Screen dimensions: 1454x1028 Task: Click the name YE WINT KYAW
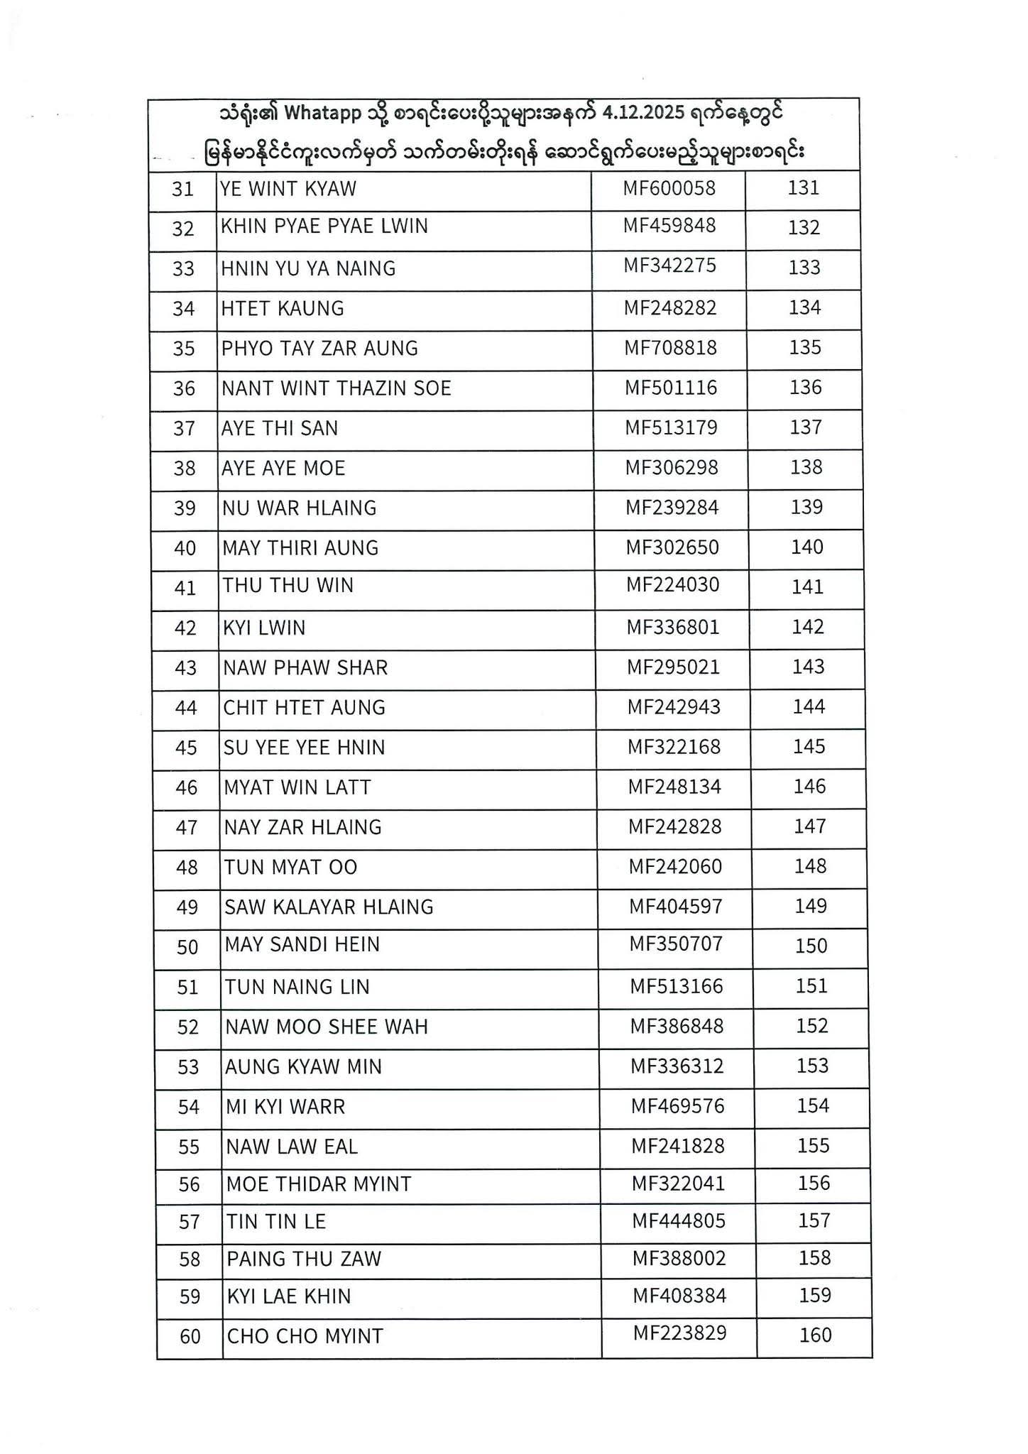click(288, 189)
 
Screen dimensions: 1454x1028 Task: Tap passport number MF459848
click(669, 226)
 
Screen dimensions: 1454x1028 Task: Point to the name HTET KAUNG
click(283, 308)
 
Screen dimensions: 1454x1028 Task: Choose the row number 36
click(184, 388)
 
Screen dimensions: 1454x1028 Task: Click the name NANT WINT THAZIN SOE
click(336, 388)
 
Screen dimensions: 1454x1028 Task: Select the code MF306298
click(672, 468)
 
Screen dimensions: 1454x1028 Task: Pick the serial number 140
click(806, 547)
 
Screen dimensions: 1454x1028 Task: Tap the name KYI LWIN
click(264, 628)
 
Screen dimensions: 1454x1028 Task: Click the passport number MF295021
click(673, 667)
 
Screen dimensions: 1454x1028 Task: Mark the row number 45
click(186, 748)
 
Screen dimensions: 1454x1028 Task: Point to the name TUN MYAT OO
click(291, 867)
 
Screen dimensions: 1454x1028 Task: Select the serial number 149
click(810, 906)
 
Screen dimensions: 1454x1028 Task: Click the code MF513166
click(677, 986)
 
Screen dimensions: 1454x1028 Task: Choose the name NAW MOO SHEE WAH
click(327, 1027)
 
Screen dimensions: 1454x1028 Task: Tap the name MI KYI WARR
click(285, 1107)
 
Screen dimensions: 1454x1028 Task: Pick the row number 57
click(190, 1222)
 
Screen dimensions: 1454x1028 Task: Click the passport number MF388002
click(679, 1259)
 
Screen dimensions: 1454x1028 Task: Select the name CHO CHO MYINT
click(305, 1337)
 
